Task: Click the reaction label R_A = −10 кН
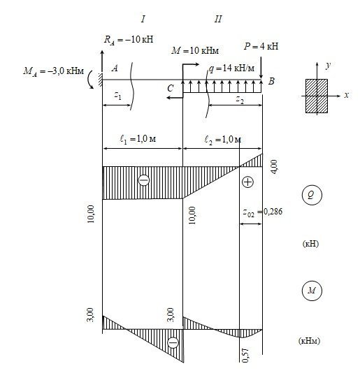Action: tap(129, 40)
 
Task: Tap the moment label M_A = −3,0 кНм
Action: tap(53, 71)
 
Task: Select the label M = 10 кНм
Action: tap(195, 50)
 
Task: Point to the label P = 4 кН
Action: tap(261, 46)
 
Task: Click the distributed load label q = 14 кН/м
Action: tap(231, 68)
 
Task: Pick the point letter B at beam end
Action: tap(271, 81)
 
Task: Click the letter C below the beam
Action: tap(170, 88)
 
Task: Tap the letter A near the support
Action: tap(115, 68)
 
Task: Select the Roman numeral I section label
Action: tap(143, 19)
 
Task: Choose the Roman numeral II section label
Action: tap(218, 19)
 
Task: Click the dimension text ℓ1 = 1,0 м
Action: tap(138, 139)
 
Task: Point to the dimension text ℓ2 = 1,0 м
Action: tap(223, 140)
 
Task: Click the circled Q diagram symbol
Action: tap(312, 195)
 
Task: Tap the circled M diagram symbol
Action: tap(312, 291)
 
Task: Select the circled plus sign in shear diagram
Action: tap(247, 182)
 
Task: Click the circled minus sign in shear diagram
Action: tap(144, 180)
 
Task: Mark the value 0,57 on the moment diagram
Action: tap(245, 356)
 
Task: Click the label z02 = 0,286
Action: tap(263, 212)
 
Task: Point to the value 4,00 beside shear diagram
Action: tap(274, 167)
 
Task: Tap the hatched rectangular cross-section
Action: tap(317, 96)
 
